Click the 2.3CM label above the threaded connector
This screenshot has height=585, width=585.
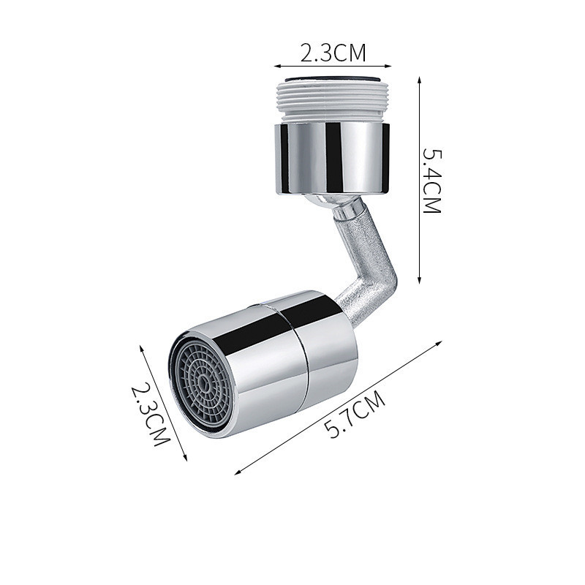click(x=333, y=53)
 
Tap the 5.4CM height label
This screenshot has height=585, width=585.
click(x=431, y=181)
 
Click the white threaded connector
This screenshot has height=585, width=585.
click(x=333, y=101)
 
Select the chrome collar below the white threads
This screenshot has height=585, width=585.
click(x=333, y=159)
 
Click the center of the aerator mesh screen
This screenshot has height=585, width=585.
click(x=204, y=381)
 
